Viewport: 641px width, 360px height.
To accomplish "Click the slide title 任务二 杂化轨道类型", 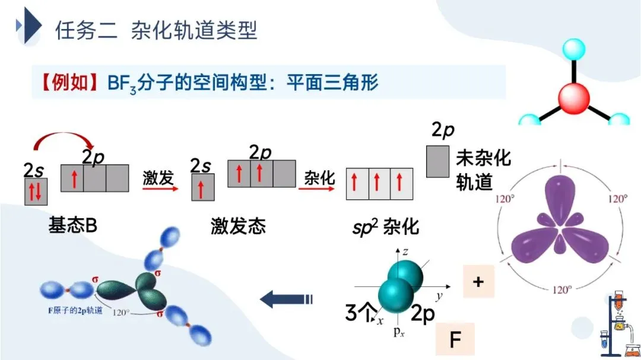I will click(156, 30).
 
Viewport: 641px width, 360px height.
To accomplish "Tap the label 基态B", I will click(73, 226).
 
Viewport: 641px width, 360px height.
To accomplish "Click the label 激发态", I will click(237, 226).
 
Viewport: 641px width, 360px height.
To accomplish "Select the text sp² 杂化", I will click(385, 226).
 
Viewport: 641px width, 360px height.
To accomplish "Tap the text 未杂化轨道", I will click(483, 170).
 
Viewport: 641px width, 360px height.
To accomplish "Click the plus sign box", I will click(478, 282).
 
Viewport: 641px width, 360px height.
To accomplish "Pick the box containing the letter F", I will click(455, 340).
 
